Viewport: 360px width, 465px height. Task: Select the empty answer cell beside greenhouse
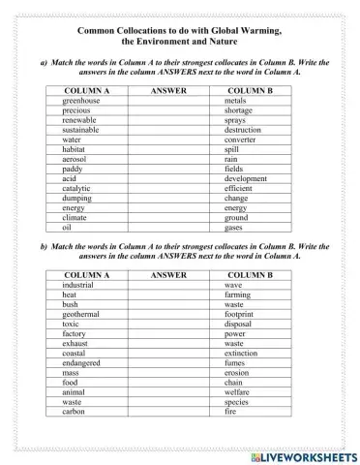[x=169, y=101]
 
